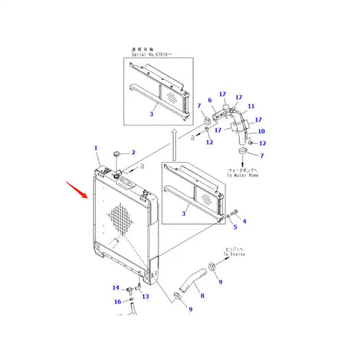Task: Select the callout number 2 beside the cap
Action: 132,153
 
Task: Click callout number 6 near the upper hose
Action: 210,100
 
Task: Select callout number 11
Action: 251,107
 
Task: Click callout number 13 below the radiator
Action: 145,296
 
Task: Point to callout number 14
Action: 115,288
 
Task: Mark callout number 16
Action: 117,302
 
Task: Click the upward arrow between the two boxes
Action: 173,145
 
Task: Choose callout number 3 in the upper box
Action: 151,113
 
